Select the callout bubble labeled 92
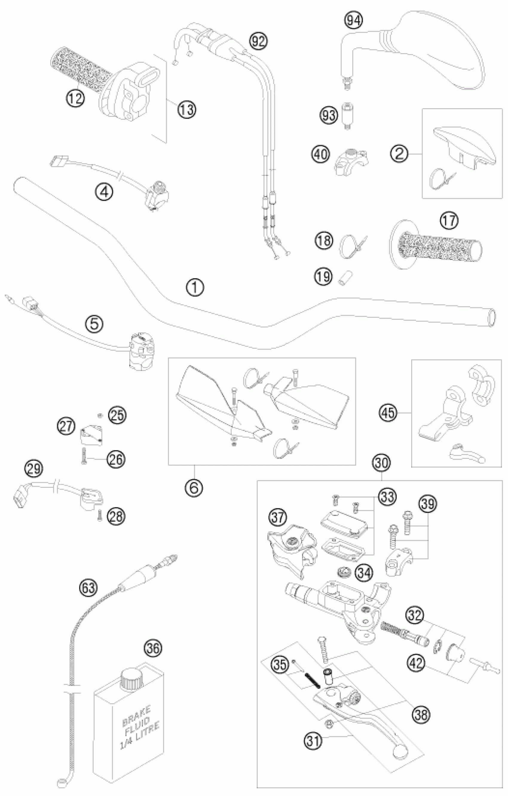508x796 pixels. pos(258,41)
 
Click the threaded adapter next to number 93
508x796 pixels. pos(346,116)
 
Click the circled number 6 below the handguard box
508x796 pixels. pos(194,487)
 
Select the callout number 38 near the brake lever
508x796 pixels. pos(421,715)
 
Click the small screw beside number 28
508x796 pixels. pos(99,516)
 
